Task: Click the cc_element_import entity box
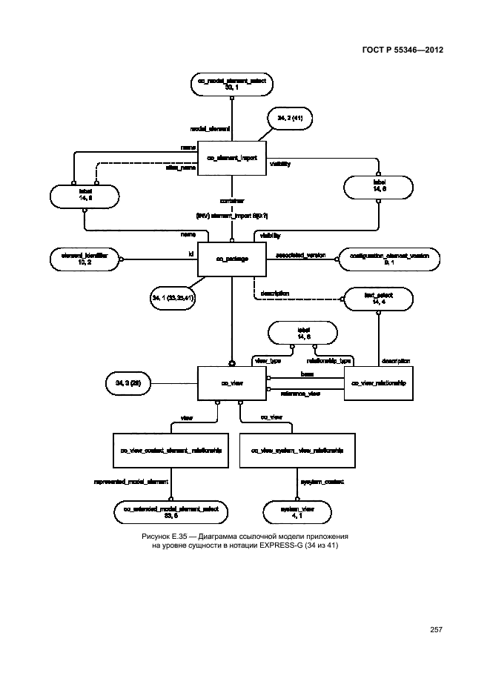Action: click(231, 157)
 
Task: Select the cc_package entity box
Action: click(231, 259)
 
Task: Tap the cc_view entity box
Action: click(231, 383)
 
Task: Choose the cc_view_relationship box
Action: click(379, 383)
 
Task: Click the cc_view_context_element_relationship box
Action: click(171, 450)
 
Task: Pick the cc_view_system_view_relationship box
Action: click(292, 450)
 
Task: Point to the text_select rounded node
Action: click(378, 298)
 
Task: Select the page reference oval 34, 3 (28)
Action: click(130, 383)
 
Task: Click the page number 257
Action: click(435, 630)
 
